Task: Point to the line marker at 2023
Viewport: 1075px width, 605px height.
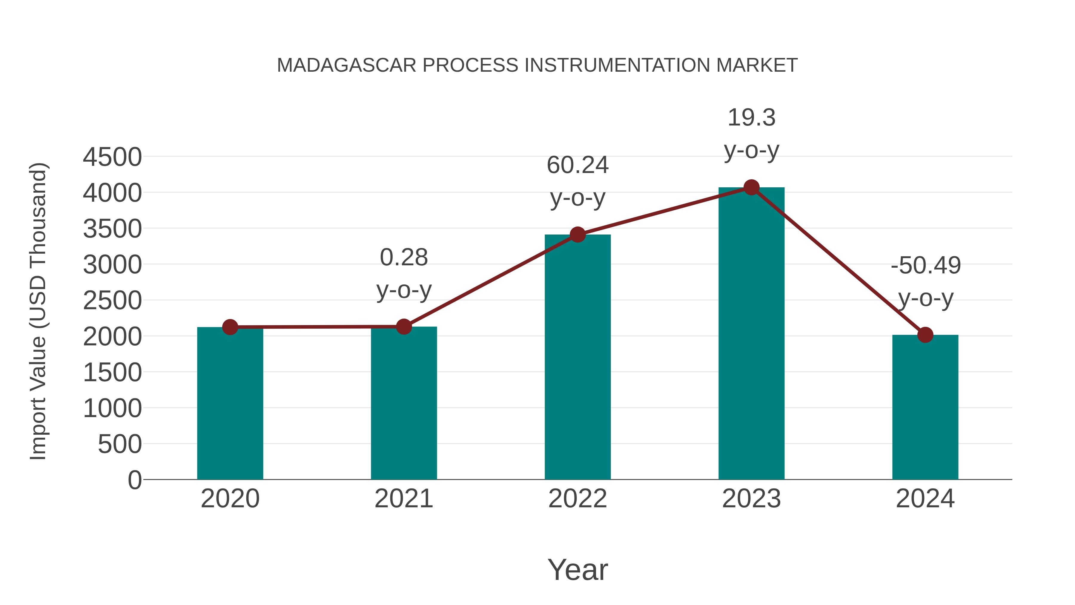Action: [x=751, y=187]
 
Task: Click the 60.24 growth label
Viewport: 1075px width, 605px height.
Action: [x=578, y=165]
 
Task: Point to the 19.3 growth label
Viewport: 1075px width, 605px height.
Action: [x=751, y=117]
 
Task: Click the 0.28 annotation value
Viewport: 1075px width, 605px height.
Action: [x=403, y=257]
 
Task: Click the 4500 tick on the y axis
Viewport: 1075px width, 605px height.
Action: [x=112, y=157]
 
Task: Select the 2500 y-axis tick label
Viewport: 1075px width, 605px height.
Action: [x=112, y=301]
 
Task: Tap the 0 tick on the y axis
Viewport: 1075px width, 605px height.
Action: [x=134, y=480]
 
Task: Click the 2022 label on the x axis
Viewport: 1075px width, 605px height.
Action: [x=578, y=499]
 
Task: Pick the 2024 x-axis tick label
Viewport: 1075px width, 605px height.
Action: [x=925, y=499]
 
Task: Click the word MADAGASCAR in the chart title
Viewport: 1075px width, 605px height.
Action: [x=346, y=65]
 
